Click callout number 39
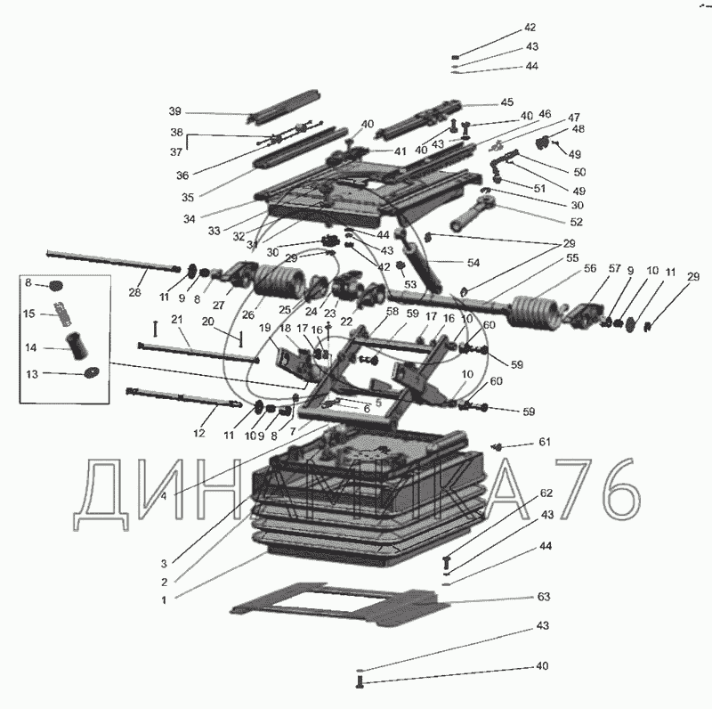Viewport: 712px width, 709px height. [x=174, y=111]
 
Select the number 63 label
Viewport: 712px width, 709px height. [x=544, y=596]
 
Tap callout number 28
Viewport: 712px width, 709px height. [x=135, y=292]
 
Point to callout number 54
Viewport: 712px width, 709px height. [x=473, y=262]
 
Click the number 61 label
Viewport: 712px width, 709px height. [x=544, y=443]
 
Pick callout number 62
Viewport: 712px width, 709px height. [x=546, y=493]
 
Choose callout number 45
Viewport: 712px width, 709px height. [x=506, y=102]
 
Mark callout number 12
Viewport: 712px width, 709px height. [x=198, y=433]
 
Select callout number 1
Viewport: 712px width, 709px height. [x=164, y=599]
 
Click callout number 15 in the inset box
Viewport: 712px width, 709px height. [x=29, y=314]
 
